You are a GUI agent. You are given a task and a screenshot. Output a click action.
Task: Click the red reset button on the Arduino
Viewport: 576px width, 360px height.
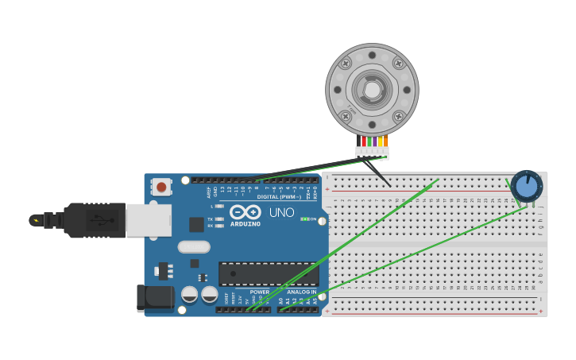tap(162, 188)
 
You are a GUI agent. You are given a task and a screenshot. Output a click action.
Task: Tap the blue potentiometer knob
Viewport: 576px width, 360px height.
tap(526, 187)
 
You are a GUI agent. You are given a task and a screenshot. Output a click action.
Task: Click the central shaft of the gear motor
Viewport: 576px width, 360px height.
tap(372, 89)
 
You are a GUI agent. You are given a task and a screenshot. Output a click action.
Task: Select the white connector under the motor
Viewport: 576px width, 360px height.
tap(372, 151)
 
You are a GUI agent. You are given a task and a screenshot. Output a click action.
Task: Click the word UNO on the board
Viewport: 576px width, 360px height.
tap(281, 213)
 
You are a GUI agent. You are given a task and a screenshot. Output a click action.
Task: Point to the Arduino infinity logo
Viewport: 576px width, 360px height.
tap(245, 212)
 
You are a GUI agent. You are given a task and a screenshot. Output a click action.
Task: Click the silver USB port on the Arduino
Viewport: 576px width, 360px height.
tap(149, 219)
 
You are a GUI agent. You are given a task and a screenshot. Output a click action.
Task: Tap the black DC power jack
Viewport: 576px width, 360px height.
tap(155, 298)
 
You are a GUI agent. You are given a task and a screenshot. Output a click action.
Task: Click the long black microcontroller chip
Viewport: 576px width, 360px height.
tap(269, 274)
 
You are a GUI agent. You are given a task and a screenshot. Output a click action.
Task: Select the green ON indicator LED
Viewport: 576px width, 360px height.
tap(305, 219)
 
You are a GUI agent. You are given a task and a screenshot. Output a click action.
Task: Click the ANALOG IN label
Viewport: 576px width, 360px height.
tap(301, 292)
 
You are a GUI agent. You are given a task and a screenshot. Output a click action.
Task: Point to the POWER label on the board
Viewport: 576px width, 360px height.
tap(260, 292)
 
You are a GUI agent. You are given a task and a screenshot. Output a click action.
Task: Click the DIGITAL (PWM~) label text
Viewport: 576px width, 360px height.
tap(278, 196)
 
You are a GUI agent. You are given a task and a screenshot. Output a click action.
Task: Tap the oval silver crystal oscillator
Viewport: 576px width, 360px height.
tap(194, 246)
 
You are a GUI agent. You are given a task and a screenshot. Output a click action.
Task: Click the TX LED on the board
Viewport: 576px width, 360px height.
tap(219, 219)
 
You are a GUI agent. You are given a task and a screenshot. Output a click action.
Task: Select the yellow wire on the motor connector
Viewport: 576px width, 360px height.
tap(381, 141)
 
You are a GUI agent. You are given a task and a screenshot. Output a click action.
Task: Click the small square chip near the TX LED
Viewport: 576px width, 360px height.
tap(196, 224)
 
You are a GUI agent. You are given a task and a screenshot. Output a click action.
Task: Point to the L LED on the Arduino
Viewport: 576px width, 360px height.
tap(219, 206)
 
